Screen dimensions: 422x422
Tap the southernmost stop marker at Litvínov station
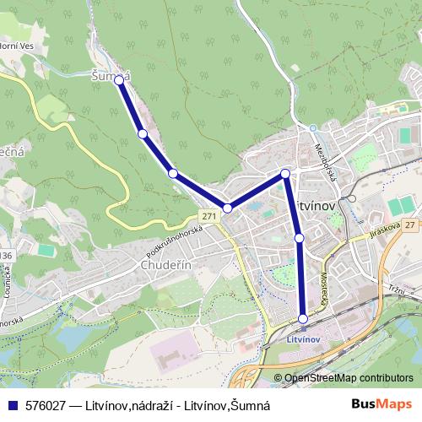click(303, 318)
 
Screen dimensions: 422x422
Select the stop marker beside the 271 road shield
click(227, 208)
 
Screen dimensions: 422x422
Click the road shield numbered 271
click(209, 217)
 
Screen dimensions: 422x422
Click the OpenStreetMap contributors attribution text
click(349, 378)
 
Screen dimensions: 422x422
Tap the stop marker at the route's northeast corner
click(285, 174)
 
